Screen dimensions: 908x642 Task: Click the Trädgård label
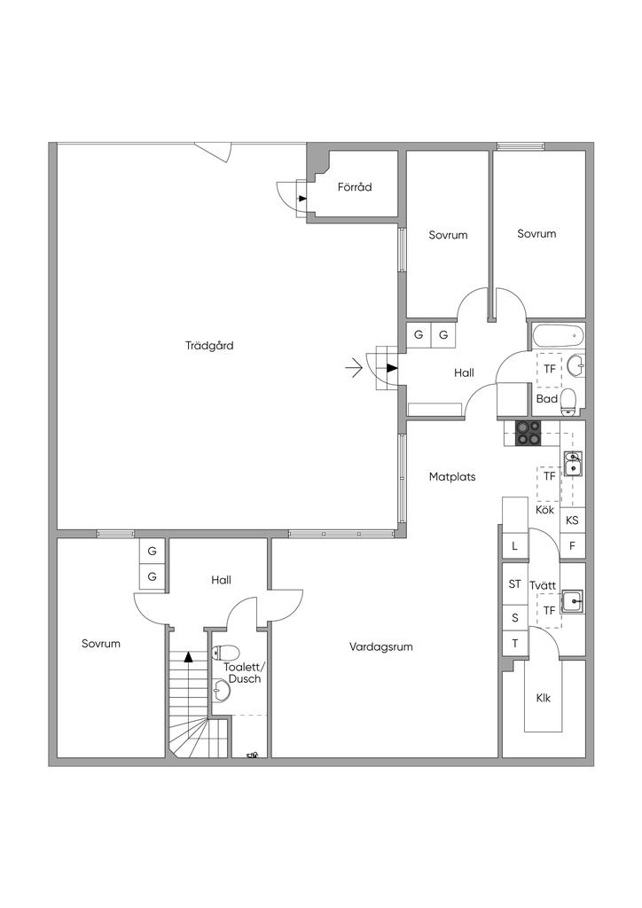(x=210, y=346)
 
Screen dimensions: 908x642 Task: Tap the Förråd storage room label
(x=354, y=187)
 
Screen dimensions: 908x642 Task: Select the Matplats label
(x=452, y=477)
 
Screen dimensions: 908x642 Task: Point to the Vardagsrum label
(x=380, y=647)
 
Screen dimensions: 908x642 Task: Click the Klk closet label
(x=544, y=699)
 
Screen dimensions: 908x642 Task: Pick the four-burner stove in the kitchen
(x=528, y=432)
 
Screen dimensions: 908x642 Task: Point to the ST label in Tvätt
(x=514, y=584)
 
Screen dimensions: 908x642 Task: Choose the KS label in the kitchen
(x=572, y=521)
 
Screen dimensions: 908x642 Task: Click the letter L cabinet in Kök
(x=514, y=546)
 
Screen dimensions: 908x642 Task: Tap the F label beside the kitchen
(x=572, y=546)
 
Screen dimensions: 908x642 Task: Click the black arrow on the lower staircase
(x=188, y=657)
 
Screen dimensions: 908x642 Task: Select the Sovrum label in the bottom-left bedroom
(x=100, y=644)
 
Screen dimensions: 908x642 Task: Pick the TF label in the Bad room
(x=550, y=369)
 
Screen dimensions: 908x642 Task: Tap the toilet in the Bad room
(x=568, y=402)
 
